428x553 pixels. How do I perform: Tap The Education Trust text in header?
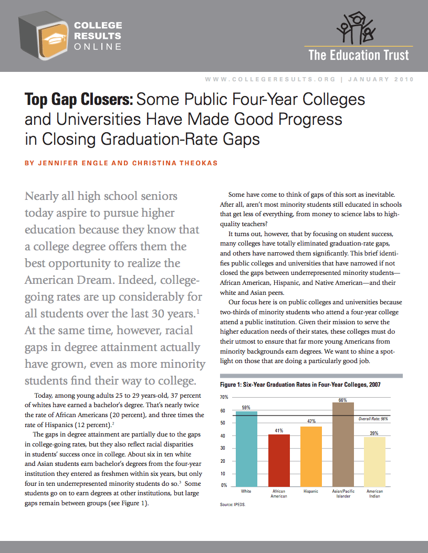tap(359, 55)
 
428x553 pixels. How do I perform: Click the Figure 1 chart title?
tap(300, 385)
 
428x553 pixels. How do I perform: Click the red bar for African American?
tap(278, 459)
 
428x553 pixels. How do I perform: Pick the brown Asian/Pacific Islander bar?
tap(343, 443)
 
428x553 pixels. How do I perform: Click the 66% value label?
tap(343, 400)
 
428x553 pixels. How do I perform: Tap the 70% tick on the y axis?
tap(224, 398)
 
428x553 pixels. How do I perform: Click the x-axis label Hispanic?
tap(311, 492)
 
